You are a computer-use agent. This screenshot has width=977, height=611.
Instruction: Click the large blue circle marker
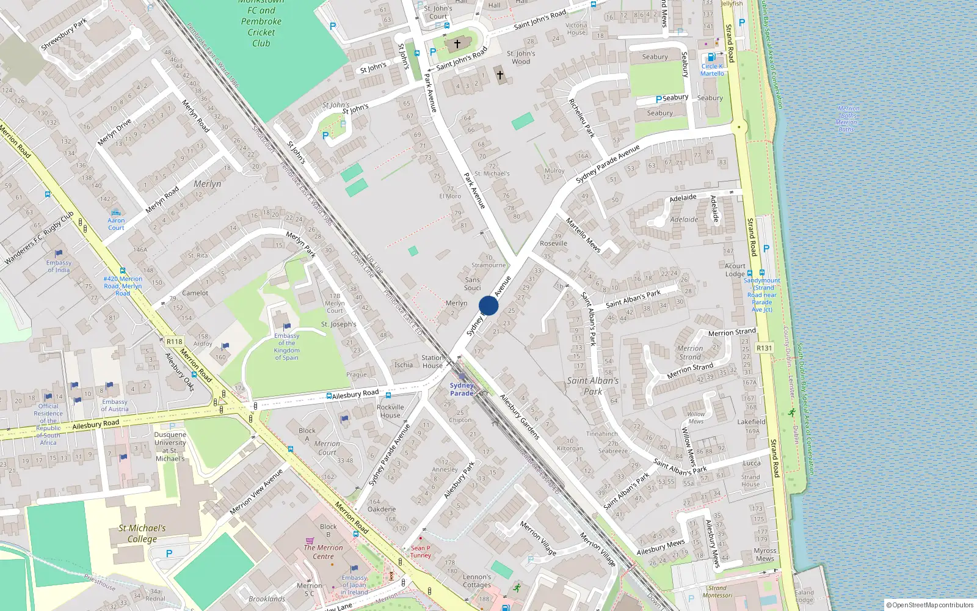[x=488, y=305]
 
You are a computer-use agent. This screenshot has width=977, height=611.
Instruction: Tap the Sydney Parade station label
[x=462, y=389]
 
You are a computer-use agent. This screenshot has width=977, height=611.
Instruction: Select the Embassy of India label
[x=59, y=266]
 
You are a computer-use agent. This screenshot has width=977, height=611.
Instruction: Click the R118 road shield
[x=174, y=342]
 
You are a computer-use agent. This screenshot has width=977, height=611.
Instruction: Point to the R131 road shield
[x=764, y=348]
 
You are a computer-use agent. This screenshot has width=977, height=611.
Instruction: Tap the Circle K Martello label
[x=712, y=70]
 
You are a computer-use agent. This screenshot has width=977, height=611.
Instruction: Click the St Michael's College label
[x=142, y=533]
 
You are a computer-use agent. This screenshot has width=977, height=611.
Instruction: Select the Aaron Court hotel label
[x=116, y=224]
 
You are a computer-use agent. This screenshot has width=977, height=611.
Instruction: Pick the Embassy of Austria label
[x=115, y=405]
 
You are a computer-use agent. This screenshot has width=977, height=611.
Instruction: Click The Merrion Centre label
[x=323, y=552]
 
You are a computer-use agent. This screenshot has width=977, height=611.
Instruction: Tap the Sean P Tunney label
[x=420, y=552]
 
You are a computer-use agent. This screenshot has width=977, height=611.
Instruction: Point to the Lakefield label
[x=751, y=422]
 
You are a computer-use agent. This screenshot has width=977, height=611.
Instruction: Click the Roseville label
[x=553, y=243]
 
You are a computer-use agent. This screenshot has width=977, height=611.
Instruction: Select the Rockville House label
[x=390, y=411]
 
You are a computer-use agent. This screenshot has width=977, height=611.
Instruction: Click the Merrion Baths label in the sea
[x=847, y=119]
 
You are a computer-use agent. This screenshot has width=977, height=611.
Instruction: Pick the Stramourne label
[x=488, y=265]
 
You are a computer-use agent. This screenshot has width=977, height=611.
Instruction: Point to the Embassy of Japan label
[x=355, y=585]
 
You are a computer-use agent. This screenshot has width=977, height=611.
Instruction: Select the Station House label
[x=432, y=362]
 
